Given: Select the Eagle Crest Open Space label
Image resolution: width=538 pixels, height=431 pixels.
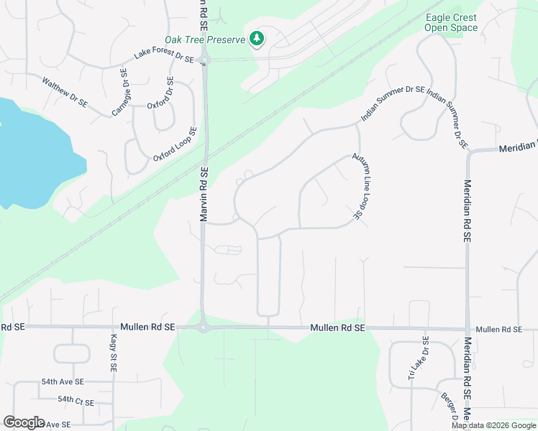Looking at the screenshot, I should pyautogui.click(x=451, y=23).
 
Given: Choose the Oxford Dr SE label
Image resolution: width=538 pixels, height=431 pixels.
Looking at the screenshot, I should pyautogui.click(x=160, y=93).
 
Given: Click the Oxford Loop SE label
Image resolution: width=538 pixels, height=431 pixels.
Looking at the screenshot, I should pyautogui.click(x=175, y=144).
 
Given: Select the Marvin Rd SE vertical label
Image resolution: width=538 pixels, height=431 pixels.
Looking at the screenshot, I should pyautogui.click(x=204, y=193).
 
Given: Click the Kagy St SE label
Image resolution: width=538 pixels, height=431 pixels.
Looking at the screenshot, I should pyautogui.click(x=113, y=353).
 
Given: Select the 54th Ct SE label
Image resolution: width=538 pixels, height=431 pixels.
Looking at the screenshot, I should pyautogui.click(x=76, y=400).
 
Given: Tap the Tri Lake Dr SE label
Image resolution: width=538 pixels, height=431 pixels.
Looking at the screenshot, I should pyautogui.click(x=418, y=358).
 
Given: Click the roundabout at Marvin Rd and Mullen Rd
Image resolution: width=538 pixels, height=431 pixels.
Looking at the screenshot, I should pyautogui.click(x=203, y=328).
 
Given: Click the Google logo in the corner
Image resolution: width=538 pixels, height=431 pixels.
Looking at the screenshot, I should pyautogui.click(x=24, y=422).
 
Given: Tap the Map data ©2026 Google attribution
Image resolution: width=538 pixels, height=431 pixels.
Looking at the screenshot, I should pyautogui.click(x=493, y=425).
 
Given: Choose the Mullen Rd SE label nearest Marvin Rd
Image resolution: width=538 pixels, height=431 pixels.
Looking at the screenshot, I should pyautogui.click(x=148, y=327).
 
